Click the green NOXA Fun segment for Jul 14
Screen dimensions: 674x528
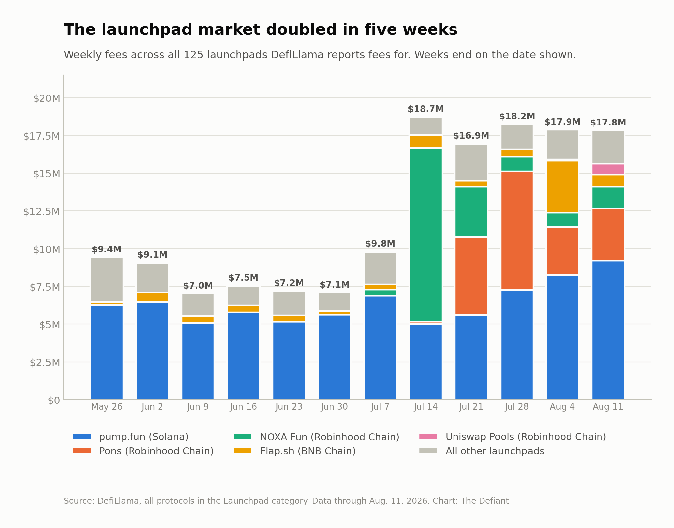click(x=425, y=235)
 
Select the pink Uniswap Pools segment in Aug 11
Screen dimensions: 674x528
click(x=608, y=169)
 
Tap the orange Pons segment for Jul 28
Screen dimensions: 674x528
click(x=517, y=231)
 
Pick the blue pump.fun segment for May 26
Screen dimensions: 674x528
click(x=107, y=352)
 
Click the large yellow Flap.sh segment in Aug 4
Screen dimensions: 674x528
click(x=562, y=187)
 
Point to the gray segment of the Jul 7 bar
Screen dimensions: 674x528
click(x=380, y=268)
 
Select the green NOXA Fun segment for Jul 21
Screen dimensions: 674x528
click(x=471, y=212)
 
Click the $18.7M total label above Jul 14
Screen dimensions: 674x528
click(x=425, y=109)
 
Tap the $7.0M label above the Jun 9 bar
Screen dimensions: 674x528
click(x=198, y=286)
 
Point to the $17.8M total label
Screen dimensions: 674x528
click(x=608, y=123)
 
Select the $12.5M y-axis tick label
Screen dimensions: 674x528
click(x=42, y=211)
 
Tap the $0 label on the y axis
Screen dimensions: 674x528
click(x=54, y=401)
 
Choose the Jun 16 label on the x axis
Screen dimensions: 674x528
click(x=244, y=407)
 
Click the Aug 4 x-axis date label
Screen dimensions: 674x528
click(x=562, y=407)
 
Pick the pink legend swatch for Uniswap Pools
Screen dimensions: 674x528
click(x=428, y=436)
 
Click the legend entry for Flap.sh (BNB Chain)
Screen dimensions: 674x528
click(x=295, y=451)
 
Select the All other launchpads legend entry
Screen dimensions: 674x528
click(x=482, y=451)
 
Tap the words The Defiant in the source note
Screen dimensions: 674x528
click(x=484, y=501)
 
